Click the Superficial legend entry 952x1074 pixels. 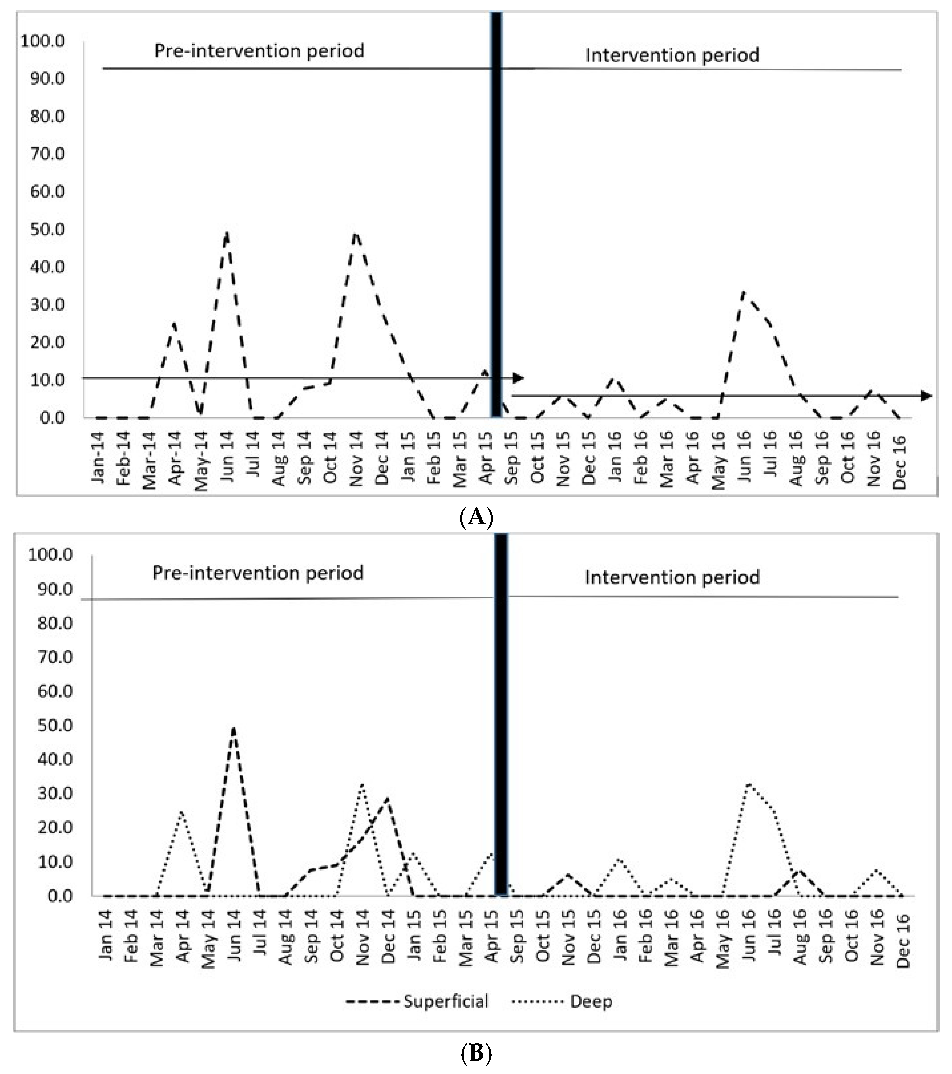pyautogui.click(x=446, y=1001)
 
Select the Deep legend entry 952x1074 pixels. pyautogui.click(x=591, y=1001)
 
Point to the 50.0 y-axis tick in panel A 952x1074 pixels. pyautogui.click(x=47, y=229)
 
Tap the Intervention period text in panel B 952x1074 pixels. pyautogui.click(x=672, y=577)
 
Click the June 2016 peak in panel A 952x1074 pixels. pyautogui.click(x=743, y=292)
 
